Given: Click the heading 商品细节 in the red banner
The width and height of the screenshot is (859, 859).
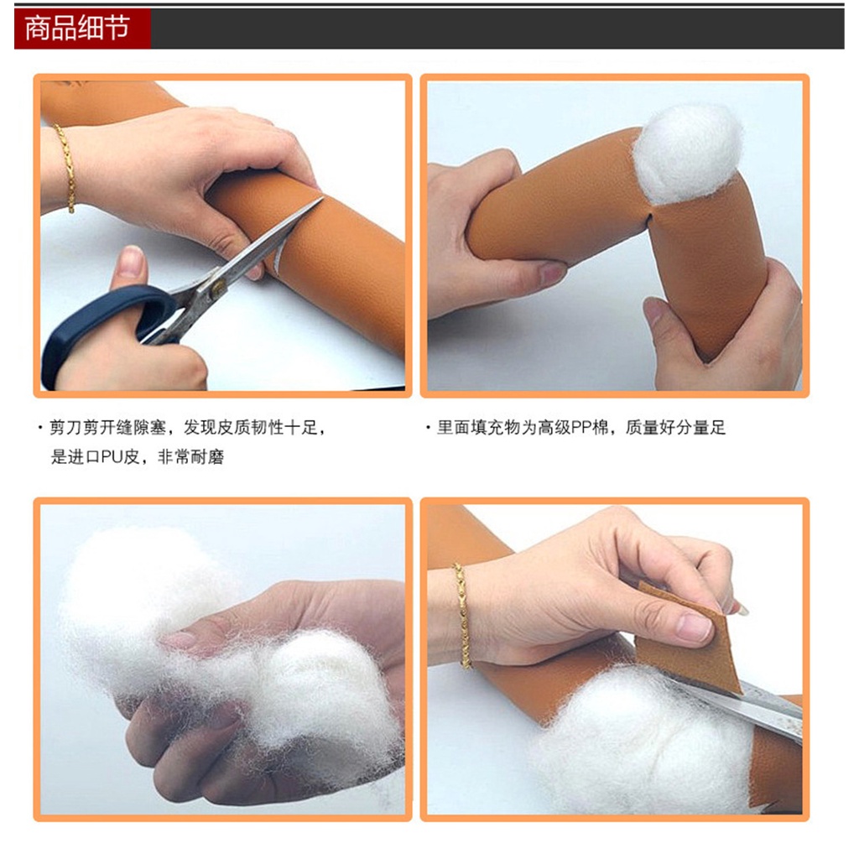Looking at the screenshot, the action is [x=77, y=28].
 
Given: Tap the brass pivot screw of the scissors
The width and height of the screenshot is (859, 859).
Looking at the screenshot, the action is [x=218, y=289].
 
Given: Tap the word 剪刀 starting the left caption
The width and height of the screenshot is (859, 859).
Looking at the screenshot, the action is [x=66, y=427].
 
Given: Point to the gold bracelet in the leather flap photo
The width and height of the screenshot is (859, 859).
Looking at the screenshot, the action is [x=463, y=616].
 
